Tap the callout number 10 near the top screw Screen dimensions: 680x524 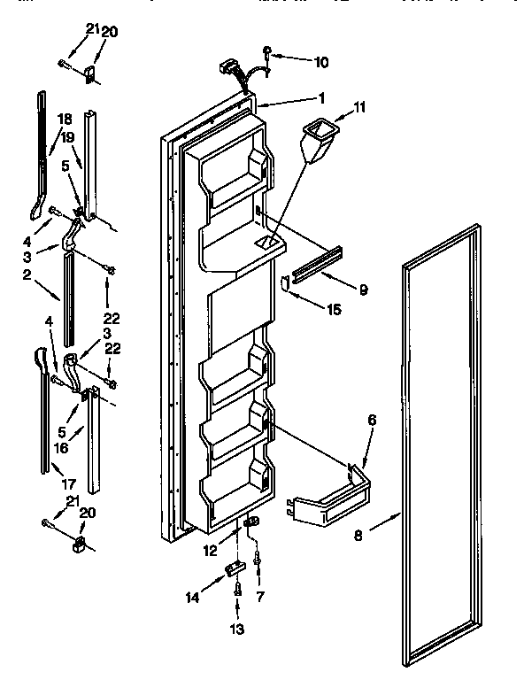(x=320, y=62)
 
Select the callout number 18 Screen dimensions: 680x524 (x=65, y=118)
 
